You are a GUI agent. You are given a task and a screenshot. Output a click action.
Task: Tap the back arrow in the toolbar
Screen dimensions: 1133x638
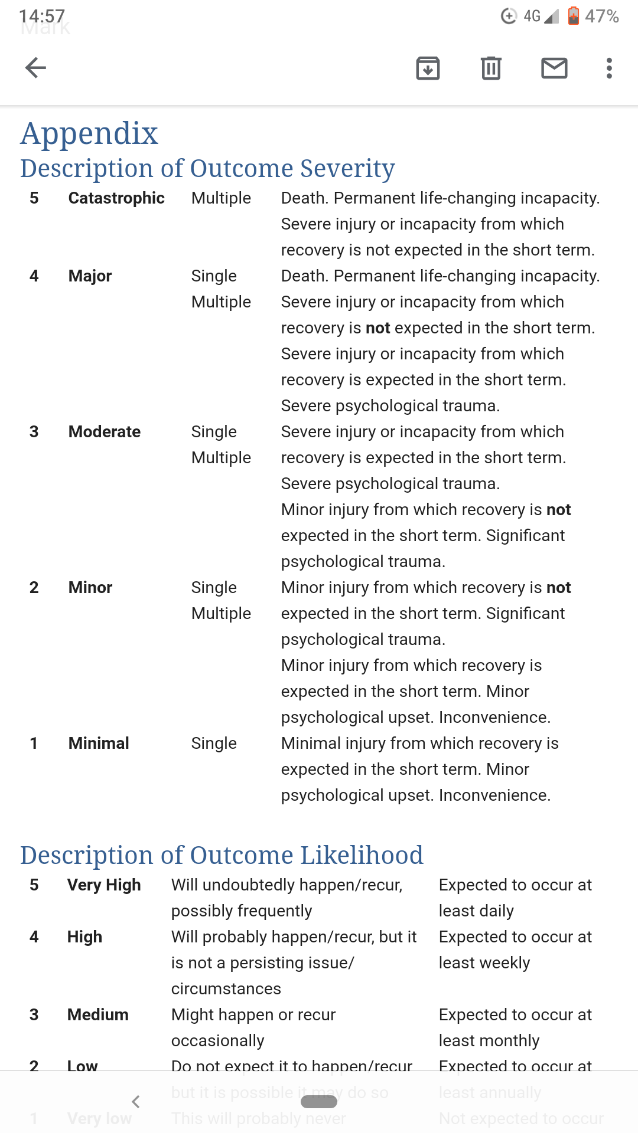35,68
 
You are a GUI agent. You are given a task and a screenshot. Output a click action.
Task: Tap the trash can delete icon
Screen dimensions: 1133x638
491,68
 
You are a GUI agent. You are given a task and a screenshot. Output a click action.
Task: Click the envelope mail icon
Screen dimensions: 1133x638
554,68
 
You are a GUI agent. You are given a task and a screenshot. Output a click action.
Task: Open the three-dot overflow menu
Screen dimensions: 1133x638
609,68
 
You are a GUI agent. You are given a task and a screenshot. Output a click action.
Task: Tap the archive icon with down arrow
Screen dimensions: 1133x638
428,68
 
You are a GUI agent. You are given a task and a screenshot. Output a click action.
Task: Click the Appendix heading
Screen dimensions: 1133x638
89,133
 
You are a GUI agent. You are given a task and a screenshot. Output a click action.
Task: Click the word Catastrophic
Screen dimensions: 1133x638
116,198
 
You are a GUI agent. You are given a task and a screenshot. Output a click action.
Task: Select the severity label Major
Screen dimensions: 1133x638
90,276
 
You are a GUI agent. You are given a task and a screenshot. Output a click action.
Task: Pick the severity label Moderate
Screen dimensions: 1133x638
105,432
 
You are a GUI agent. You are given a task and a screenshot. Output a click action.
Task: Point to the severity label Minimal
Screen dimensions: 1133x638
99,744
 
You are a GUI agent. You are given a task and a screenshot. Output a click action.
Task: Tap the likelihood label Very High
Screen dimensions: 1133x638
104,885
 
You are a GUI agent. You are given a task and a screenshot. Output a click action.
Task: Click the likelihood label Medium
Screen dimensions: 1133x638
98,1015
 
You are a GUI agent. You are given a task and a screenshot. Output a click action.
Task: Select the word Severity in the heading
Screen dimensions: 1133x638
347,169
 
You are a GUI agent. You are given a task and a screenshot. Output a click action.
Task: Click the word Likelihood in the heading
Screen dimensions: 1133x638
362,856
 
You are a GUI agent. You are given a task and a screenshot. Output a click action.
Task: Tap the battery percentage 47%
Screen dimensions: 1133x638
601,17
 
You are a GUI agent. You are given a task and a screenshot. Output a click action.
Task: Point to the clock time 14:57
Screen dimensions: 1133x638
41,17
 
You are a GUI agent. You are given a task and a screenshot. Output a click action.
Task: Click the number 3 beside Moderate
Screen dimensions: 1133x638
34,432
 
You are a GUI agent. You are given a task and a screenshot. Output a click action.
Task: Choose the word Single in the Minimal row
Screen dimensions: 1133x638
214,744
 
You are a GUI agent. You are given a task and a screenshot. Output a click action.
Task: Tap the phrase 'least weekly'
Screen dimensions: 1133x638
484,963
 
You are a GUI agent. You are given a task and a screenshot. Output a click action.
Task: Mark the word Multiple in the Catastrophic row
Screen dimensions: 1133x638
221,198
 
